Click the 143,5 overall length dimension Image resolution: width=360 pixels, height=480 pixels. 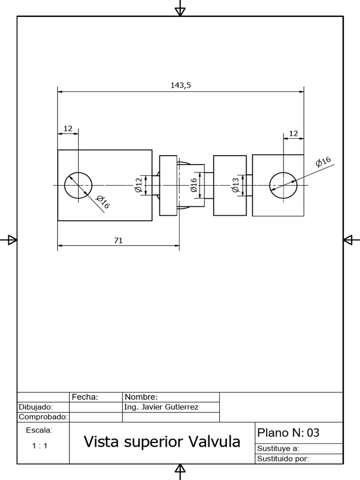click(x=181, y=85)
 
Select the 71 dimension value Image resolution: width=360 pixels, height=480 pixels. click(x=119, y=240)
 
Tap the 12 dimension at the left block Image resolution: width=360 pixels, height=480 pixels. click(x=68, y=128)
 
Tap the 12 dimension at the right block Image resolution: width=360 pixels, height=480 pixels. click(x=294, y=134)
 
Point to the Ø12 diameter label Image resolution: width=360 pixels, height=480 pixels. click(x=138, y=185)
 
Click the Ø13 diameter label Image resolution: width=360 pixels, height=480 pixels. click(x=235, y=185)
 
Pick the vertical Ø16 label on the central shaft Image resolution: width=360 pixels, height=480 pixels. click(x=194, y=185)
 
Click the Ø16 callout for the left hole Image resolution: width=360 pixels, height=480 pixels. click(x=102, y=202)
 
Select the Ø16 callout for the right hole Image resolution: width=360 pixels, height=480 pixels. click(x=323, y=162)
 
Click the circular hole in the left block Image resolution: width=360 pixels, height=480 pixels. click(x=78, y=186)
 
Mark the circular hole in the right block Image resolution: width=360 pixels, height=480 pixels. click(x=283, y=186)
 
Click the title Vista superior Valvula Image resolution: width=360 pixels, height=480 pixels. click(x=162, y=442)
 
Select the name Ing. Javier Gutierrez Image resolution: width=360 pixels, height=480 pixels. click(x=161, y=407)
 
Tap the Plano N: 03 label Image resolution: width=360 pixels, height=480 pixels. click(x=288, y=432)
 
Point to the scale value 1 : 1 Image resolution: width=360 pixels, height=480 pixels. click(x=40, y=446)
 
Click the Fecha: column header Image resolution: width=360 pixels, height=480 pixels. click(x=85, y=397)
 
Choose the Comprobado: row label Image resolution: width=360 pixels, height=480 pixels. click(x=43, y=417)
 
